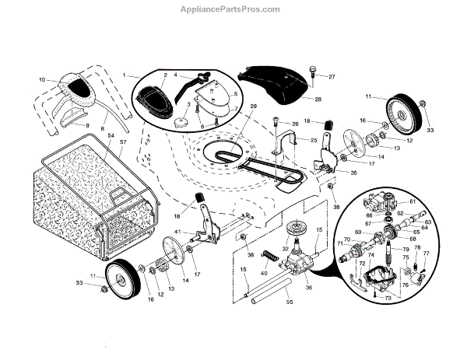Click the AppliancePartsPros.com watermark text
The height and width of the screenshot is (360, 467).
point(233,9)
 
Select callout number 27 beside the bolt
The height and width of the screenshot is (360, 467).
point(332,76)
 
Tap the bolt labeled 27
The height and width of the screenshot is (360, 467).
point(313,72)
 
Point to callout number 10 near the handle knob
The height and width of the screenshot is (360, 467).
point(42,79)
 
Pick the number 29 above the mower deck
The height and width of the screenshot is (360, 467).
point(252,106)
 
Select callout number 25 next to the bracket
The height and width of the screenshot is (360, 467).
point(314,140)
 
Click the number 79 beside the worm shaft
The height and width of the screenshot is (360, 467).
point(406,249)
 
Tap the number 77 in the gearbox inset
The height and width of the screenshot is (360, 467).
point(426,253)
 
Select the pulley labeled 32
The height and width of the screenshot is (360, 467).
point(297,230)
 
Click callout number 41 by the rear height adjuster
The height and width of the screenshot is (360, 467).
point(178,232)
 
